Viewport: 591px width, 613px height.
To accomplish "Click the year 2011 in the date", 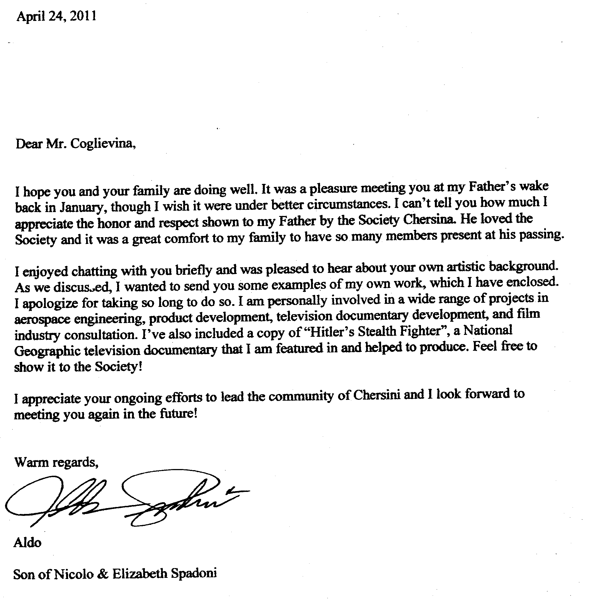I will pyautogui.click(x=83, y=16).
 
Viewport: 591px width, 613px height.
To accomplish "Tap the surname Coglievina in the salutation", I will pyautogui.click(x=103, y=144).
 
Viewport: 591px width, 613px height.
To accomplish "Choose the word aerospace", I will pyautogui.click(x=42, y=319).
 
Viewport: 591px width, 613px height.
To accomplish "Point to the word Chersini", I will pyautogui.click(x=377, y=395).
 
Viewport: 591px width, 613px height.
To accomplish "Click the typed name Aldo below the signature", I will pyautogui.click(x=27, y=543).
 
